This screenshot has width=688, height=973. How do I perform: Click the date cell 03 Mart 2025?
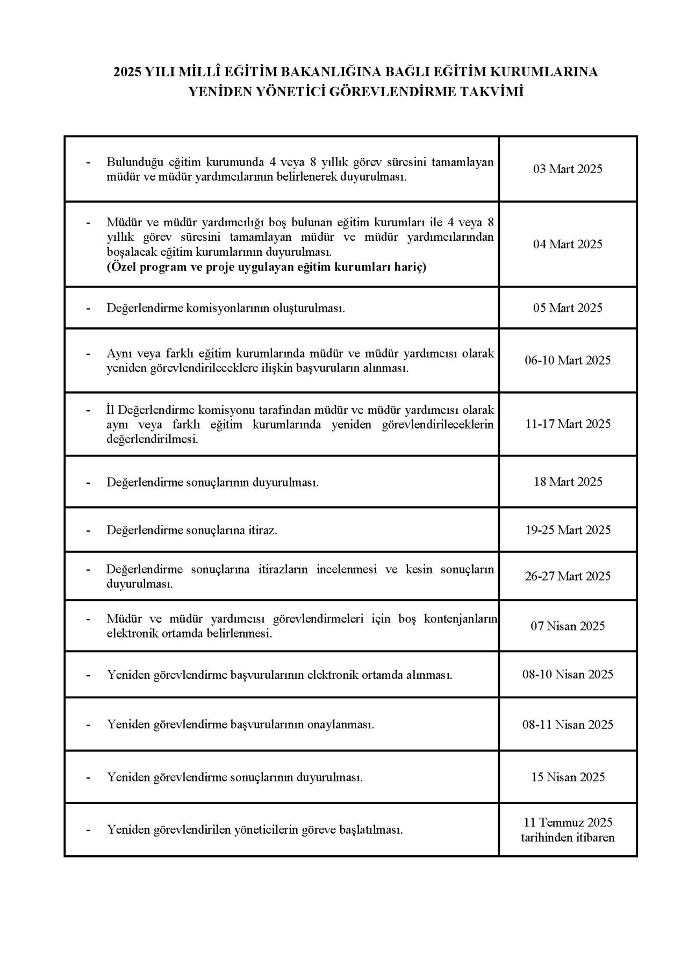tap(568, 169)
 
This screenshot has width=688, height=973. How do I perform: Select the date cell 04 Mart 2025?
tap(568, 245)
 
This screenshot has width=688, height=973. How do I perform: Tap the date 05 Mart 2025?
tap(568, 308)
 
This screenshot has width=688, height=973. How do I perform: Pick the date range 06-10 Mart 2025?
tap(568, 360)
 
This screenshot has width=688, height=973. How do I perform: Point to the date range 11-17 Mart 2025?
tap(568, 424)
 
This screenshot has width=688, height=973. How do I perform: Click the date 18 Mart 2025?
tap(568, 482)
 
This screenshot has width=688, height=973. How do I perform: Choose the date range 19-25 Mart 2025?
tap(568, 530)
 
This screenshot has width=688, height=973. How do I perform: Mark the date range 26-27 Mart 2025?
tap(568, 576)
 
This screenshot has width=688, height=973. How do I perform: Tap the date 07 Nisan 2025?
tap(568, 626)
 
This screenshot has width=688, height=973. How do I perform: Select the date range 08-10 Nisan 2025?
tap(568, 675)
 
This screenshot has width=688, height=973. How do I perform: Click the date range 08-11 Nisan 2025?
tap(568, 725)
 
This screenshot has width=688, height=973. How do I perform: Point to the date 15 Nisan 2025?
tap(568, 777)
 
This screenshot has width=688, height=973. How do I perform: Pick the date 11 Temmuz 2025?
tap(568, 822)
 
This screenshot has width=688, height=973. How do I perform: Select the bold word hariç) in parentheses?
tap(408, 267)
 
